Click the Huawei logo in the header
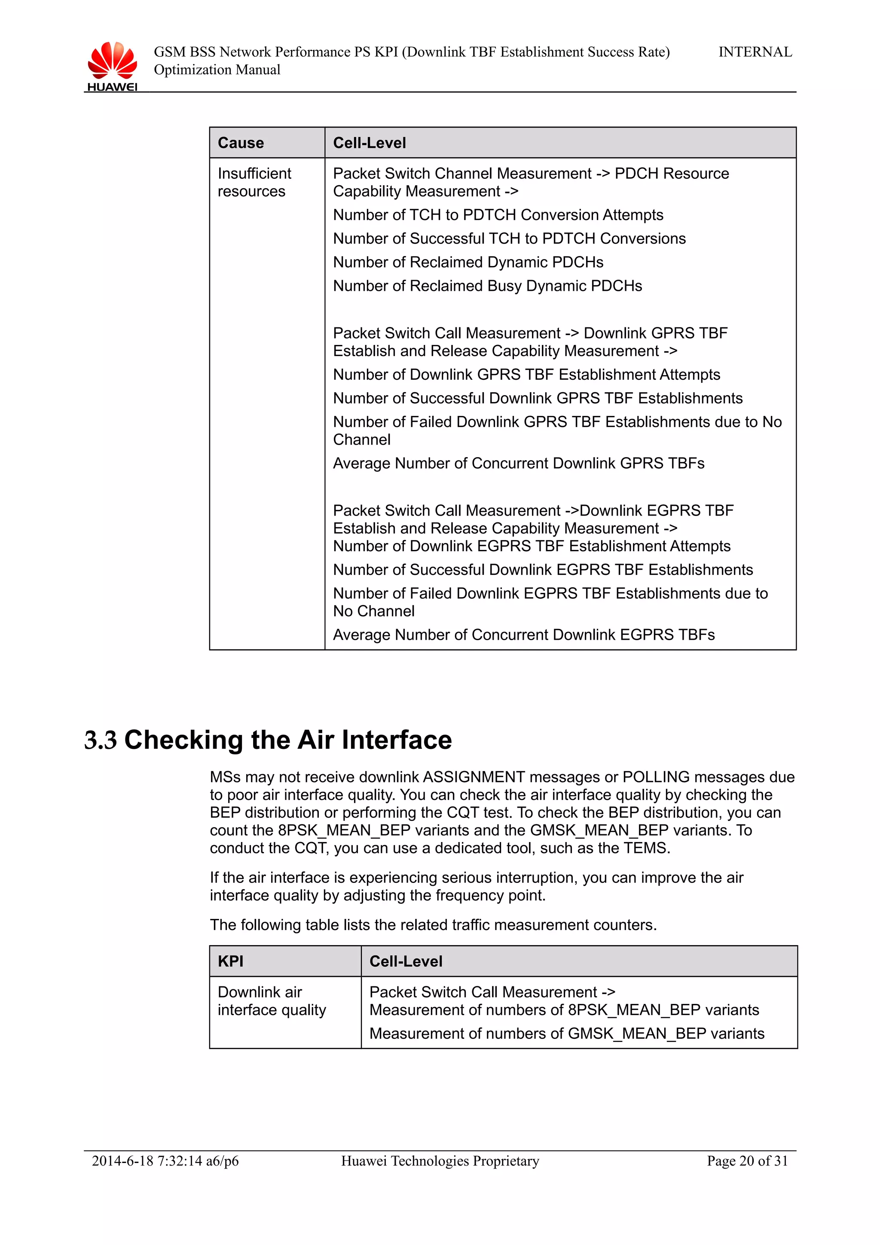[112, 65]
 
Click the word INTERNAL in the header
[755, 52]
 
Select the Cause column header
[241, 143]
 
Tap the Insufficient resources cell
[254, 182]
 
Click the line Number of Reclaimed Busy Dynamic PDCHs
[487, 286]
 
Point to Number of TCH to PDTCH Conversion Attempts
[498, 215]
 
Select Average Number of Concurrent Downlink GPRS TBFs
[518, 463]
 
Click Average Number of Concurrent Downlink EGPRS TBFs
[523, 635]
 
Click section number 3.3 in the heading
[101, 740]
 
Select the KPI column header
[230, 961]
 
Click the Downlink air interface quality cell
[272, 1001]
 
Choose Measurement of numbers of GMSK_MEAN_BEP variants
[567, 1034]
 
